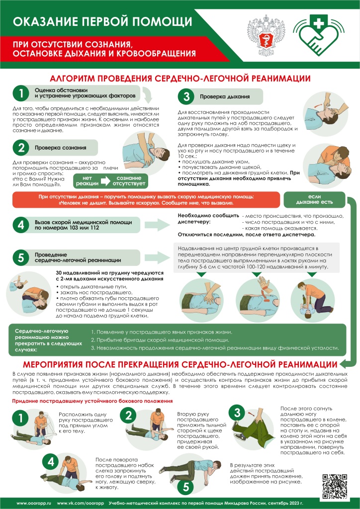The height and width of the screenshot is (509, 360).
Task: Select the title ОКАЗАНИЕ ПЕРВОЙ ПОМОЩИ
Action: (102, 21)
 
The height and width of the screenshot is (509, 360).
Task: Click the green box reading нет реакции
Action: (87, 181)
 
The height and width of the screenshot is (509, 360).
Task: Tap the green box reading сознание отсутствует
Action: (129, 181)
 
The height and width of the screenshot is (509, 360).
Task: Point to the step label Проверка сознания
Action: (60, 148)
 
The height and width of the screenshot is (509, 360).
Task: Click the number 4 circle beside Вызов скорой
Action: (21, 225)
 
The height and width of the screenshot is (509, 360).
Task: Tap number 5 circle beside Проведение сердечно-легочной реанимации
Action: (21, 256)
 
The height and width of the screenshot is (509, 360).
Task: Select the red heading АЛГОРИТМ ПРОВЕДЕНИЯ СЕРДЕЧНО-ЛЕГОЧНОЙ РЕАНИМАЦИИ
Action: (180, 79)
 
